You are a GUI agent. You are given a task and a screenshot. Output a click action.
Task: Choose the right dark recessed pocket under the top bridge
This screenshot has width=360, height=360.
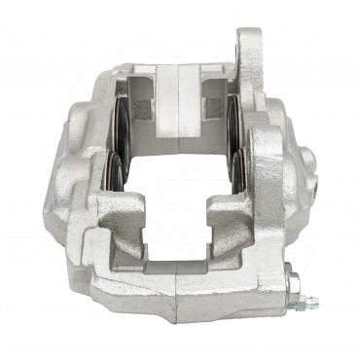pos(215,101)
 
